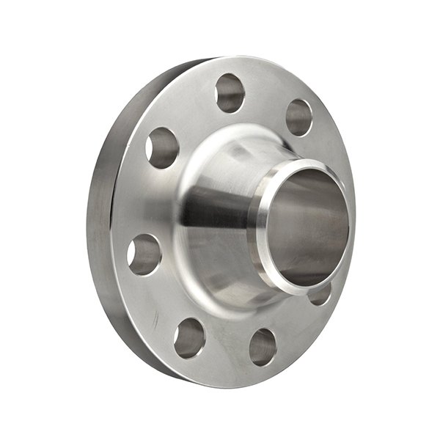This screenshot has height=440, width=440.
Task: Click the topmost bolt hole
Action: coord(230,92)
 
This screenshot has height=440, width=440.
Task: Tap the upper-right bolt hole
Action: coord(298,117)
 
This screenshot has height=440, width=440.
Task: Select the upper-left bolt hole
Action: coord(162,147)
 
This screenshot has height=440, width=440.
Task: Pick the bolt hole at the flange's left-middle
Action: coord(144,254)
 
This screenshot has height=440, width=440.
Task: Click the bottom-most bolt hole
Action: coord(262,346)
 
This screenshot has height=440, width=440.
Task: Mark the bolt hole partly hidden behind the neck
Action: coord(320,295)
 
